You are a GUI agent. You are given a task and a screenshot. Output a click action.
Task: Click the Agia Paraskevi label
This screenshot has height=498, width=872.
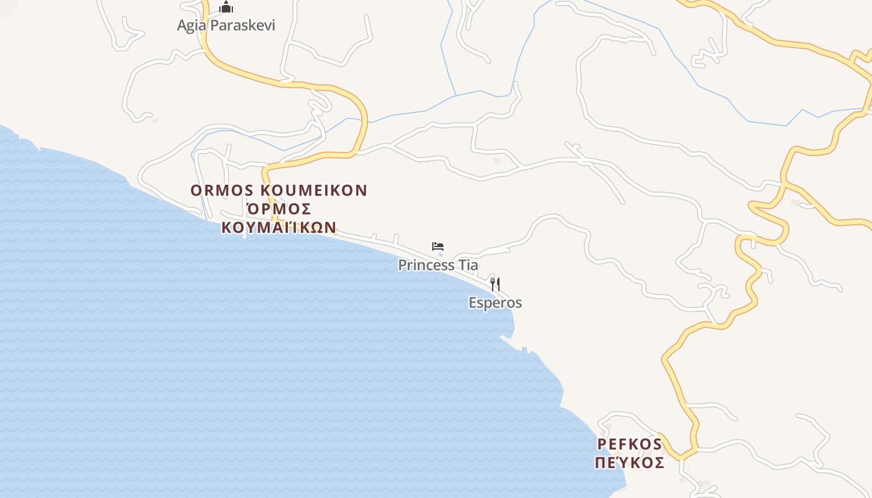226,26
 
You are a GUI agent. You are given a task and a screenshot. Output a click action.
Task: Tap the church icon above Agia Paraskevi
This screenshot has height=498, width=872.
226,7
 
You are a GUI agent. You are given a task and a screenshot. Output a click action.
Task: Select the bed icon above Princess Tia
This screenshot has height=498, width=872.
438,247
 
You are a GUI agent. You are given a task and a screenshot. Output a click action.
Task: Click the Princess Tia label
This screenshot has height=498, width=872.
438,265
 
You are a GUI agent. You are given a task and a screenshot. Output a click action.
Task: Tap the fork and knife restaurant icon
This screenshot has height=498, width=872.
495,284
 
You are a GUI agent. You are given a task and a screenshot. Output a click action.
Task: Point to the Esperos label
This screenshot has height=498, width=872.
495,303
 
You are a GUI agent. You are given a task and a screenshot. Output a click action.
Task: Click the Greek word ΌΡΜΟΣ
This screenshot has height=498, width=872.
278,209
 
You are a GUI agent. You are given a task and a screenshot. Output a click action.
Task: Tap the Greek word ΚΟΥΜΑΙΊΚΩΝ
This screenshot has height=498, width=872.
278,227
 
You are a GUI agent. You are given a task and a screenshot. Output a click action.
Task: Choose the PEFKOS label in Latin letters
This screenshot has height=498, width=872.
630,444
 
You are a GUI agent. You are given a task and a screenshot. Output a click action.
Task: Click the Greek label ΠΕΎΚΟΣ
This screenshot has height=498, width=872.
630,463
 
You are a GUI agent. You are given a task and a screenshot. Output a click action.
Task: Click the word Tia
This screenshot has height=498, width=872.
468,265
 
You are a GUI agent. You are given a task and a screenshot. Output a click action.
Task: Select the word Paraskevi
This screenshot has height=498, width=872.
242,26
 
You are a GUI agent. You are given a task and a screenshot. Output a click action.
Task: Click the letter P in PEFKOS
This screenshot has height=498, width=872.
602,444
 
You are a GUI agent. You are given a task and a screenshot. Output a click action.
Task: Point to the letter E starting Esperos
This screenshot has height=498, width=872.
473,303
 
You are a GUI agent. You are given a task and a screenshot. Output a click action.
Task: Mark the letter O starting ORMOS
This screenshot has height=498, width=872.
196,190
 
